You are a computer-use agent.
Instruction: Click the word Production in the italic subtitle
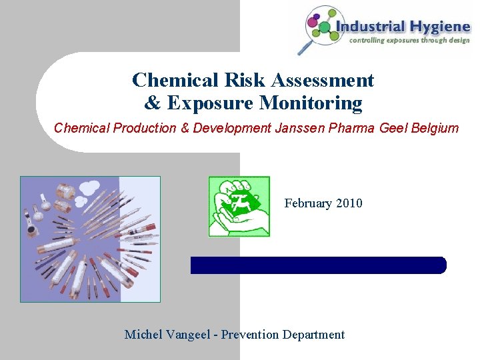pyautogui.click(x=144, y=127)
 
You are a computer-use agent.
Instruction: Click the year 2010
pyautogui.click(x=350, y=203)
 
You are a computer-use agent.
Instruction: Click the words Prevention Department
pyautogui.click(x=283, y=335)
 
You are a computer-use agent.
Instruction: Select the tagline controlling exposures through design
pyautogui.click(x=409, y=39)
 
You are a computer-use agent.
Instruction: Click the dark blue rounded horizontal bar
pyautogui.click(x=318, y=265)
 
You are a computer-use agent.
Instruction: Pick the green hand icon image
pyautogui.click(x=239, y=207)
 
